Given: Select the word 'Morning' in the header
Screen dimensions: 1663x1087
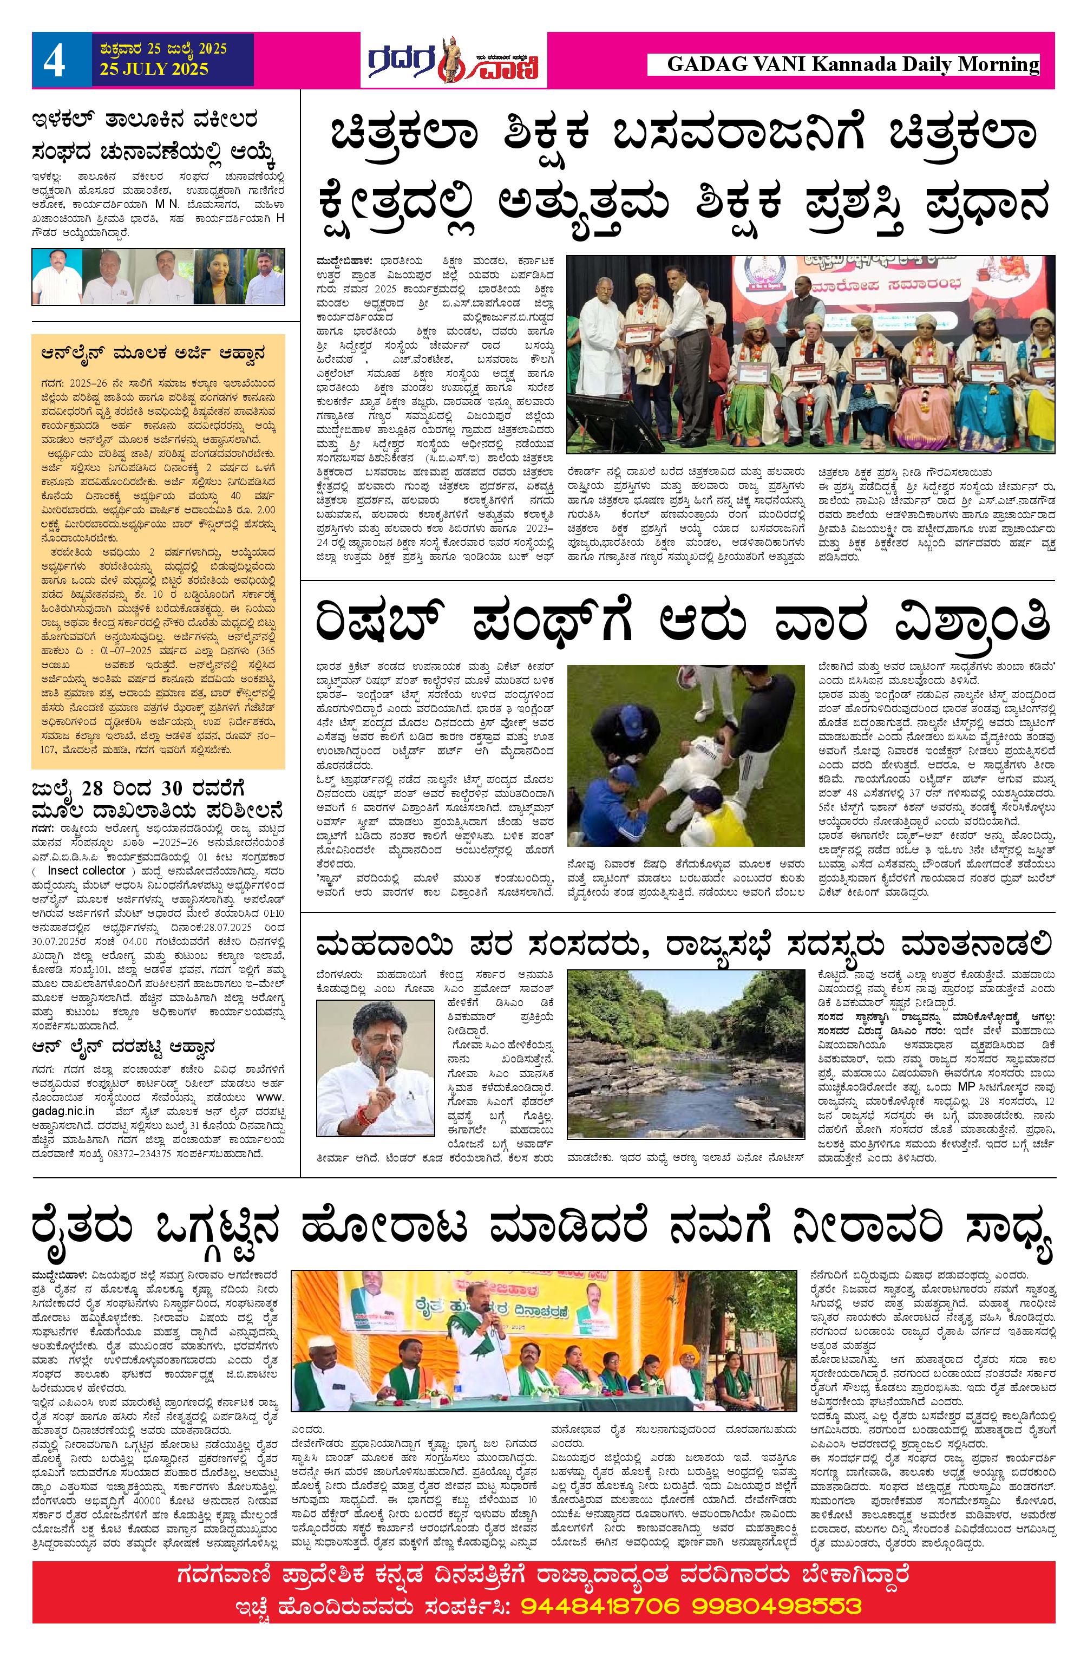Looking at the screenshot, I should [998, 65].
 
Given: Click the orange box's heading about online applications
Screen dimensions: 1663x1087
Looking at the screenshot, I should [152, 354].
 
